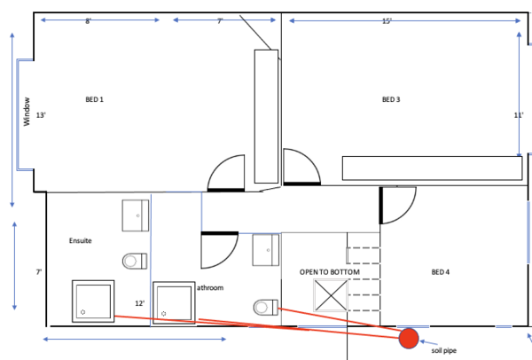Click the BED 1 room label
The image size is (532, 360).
tap(94, 99)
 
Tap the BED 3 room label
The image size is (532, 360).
tap(391, 99)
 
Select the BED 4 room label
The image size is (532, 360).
tap(441, 272)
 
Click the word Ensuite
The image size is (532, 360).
tap(81, 240)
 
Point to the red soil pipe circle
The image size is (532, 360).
tap(409, 339)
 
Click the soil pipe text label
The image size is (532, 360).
tap(444, 350)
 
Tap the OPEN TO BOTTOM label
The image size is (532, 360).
tap(330, 272)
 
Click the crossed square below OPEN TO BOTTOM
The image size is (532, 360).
tap(331, 295)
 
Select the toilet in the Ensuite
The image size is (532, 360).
tap(135, 262)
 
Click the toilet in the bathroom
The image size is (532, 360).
tap(266, 308)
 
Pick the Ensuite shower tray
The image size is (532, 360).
tap(93, 301)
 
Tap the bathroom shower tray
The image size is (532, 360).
tap(174, 302)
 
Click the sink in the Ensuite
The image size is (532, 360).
tap(136, 215)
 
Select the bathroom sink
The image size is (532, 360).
tap(266, 250)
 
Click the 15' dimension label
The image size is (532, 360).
tap(387, 21)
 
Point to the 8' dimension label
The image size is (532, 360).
tap(88, 21)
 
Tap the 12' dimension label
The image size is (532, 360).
tap(140, 303)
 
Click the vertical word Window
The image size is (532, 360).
tap(27, 112)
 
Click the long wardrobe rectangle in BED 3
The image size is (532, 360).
tap(433, 168)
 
